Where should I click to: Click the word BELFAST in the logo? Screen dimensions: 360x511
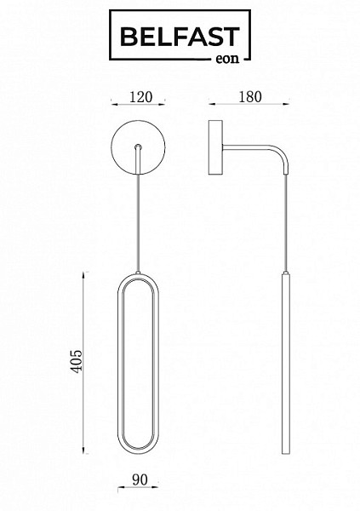(x=180, y=37)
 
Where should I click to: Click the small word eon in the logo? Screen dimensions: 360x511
(x=227, y=59)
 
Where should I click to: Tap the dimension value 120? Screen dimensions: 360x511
(x=140, y=97)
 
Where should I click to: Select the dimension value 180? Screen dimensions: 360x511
(x=250, y=97)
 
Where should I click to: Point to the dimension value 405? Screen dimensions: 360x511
(x=77, y=361)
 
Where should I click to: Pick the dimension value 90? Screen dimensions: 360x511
(x=140, y=479)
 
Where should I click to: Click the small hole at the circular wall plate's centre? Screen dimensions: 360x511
(x=138, y=146)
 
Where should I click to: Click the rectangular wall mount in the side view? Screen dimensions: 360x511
(x=215, y=147)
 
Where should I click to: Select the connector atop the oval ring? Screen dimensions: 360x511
(x=138, y=273)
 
